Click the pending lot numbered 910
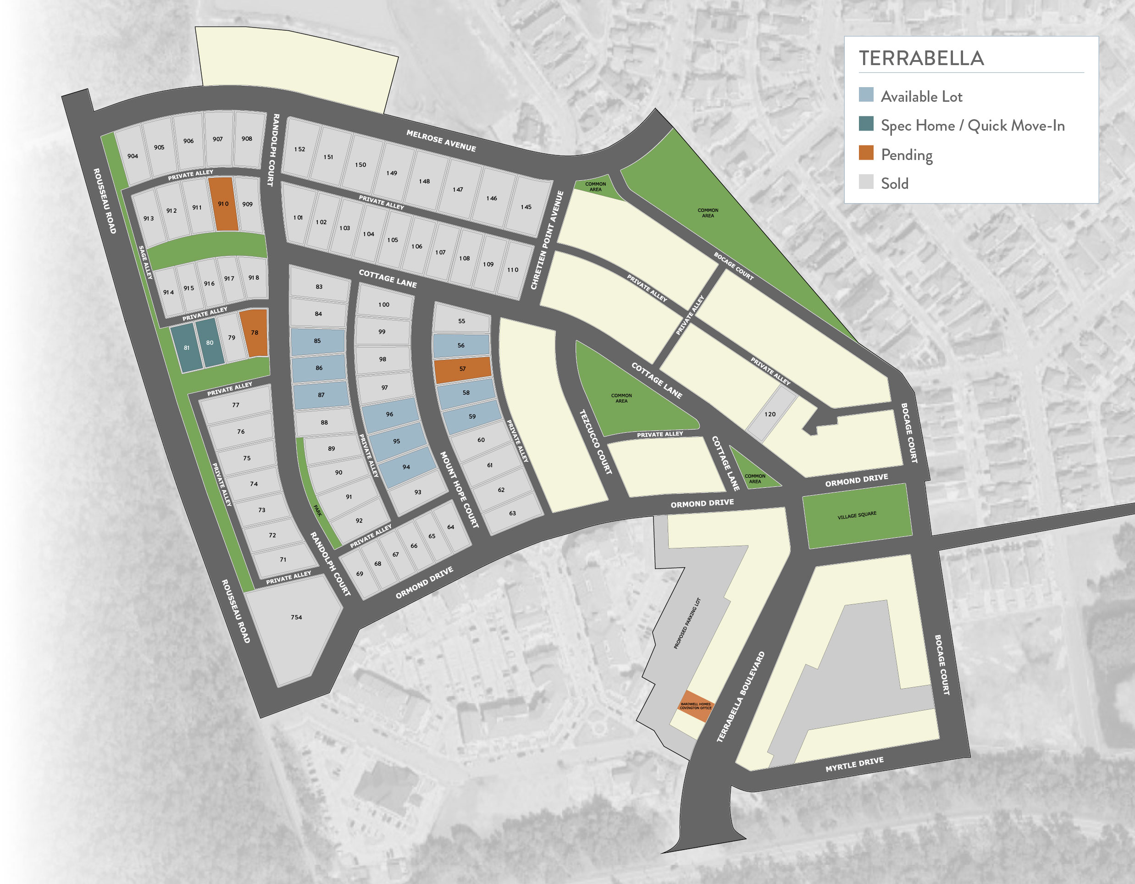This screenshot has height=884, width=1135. (223, 204)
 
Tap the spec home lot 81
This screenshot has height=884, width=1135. (187, 348)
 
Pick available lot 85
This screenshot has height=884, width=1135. (317, 341)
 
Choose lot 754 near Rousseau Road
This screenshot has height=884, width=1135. (296, 618)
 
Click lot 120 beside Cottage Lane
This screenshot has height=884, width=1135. (770, 414)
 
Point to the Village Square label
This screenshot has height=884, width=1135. (857, 515)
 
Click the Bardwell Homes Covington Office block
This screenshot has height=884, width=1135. (695, 706)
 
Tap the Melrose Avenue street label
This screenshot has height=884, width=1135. (441, 141)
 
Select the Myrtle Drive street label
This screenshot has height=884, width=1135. (854, 764)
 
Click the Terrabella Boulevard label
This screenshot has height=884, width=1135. (741, 697)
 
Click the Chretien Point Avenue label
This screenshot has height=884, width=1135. (547, 240)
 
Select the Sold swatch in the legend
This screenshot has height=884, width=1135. (866, 182)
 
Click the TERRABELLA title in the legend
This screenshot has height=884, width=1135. (921, 58)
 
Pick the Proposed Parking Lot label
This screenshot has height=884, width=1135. (687, 624)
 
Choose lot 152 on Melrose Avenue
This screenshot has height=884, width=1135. (300, 149)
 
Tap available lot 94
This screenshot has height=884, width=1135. (406, 467)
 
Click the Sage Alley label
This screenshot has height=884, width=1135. (145, 262)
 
